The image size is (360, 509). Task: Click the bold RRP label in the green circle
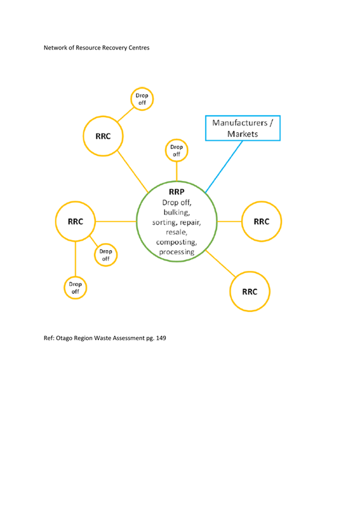click(177, 192)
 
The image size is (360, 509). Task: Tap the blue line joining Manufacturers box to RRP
click(224, 167)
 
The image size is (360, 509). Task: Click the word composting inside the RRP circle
click(177, 242)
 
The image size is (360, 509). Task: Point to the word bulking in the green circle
click(177, 212)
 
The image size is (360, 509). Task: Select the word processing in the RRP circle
click(177, 252)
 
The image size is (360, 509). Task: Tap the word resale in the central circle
click(177, 232)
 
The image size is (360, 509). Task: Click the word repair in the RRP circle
click(191, 223)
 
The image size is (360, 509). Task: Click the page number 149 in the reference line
click(161, 338)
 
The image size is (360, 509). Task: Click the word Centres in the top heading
click(139, 48)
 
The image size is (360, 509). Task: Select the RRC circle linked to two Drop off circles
click(75, 202)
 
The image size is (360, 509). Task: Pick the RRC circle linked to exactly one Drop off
click(103, 116)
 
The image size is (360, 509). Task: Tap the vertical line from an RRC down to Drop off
click(75, 259)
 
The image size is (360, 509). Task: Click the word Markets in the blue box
click(242, 134)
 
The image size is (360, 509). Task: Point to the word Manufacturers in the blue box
click(240, 122)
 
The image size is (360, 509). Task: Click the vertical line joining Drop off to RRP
click(177, 171)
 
